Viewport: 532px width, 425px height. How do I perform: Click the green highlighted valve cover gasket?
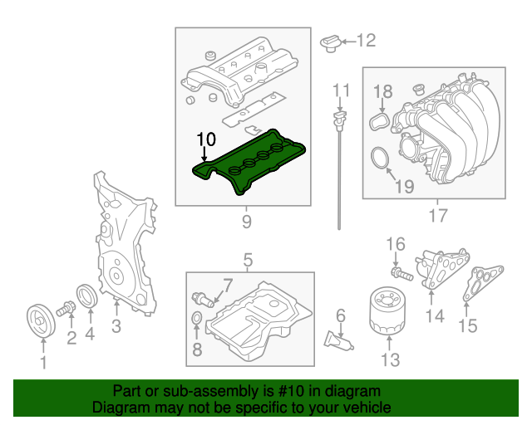tap(249, 162)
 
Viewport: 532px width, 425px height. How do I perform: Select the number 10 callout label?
tap(205, 138)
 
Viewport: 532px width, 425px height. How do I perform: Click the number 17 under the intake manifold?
tap(437, 218)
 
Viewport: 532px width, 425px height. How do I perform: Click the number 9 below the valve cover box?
tap(246, 221)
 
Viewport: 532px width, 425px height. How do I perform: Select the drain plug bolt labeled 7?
tap(204, 299)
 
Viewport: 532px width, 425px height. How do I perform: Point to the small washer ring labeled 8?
tap(196, 320)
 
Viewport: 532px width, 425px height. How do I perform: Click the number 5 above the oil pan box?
tap(247, 261)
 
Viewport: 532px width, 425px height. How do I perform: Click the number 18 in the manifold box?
tap(382, 91)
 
